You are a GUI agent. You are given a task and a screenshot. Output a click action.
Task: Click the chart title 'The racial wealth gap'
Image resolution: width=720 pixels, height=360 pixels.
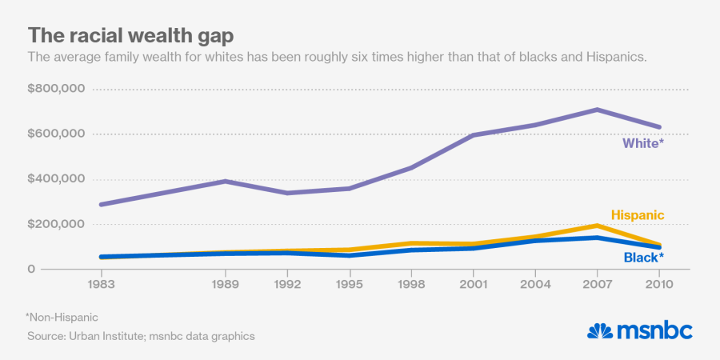tap(131, 35)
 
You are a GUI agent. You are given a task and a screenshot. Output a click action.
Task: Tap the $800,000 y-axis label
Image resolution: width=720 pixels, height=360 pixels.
tap(56, 89)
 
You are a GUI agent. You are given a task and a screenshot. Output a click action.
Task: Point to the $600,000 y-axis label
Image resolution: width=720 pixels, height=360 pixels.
tap(56, 134)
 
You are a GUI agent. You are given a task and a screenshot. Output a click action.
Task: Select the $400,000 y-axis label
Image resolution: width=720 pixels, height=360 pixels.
tap(56, 179)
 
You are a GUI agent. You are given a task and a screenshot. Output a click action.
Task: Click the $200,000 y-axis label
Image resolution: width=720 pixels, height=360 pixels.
tap(56, 224)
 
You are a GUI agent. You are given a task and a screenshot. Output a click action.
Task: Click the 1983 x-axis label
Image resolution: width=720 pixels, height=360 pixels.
tap(100, 283)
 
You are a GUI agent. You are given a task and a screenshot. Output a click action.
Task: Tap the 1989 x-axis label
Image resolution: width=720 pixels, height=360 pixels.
tap(226, 283)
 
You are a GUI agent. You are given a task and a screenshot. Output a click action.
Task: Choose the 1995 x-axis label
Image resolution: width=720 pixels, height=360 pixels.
tap(350, 283)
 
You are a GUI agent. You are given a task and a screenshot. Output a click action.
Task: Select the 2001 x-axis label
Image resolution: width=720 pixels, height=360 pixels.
tap(474, 283)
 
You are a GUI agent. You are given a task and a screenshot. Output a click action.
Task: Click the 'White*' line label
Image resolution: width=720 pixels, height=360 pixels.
tap(643, 144)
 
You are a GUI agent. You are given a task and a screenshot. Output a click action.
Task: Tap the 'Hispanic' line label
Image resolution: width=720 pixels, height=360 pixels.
tap(638, 215)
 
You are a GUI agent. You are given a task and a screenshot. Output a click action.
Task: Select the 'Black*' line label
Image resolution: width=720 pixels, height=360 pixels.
tap(643, 258)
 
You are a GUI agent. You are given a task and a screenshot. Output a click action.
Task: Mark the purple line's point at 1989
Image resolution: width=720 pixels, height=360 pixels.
tap(226, 181)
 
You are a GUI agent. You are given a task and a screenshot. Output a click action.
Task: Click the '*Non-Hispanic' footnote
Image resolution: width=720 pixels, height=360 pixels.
tap(61, 318)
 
